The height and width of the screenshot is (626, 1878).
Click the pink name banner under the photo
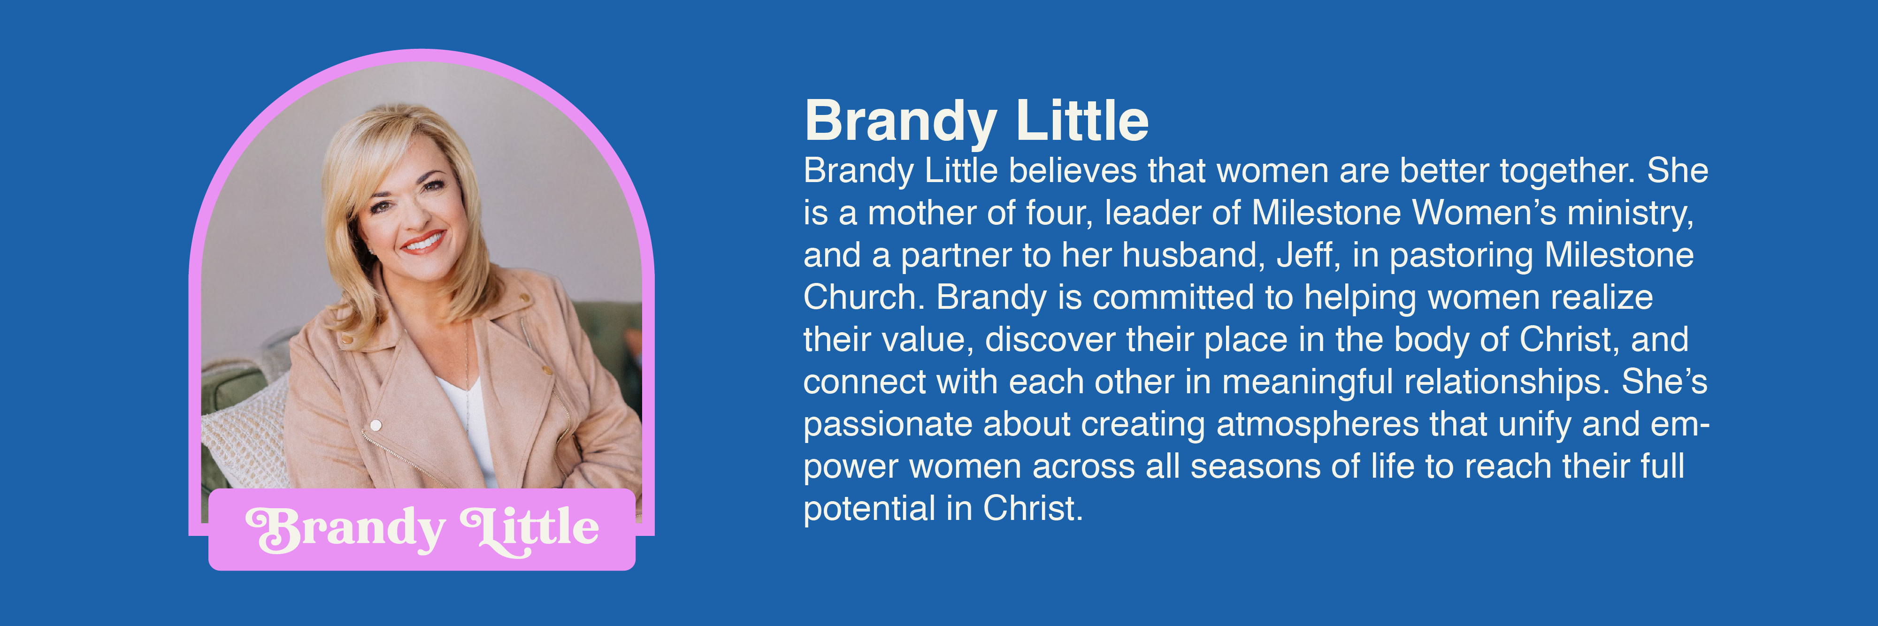422,530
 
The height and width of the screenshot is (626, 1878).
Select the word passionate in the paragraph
887,425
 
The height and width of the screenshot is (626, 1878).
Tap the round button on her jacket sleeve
376,425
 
